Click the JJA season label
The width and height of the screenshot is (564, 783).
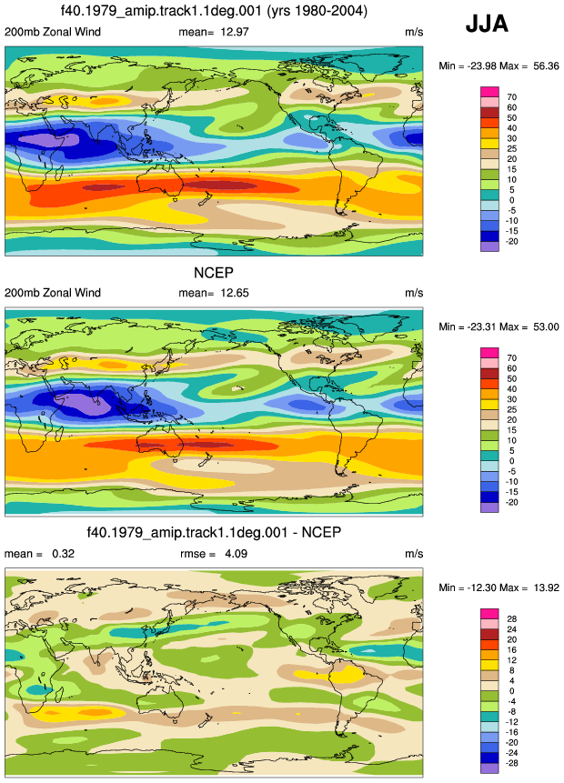(x=487, y=24)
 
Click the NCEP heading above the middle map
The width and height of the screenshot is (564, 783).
(x=213, y=273)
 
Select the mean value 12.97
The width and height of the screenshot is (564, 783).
(x=235, y=32)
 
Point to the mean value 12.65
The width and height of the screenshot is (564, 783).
(x=235, y=293)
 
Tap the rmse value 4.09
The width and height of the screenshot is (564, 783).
(x=236, y=554)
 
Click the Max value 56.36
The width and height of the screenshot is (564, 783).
(x=546, y=65)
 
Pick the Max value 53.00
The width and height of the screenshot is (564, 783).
(x=546, y=327)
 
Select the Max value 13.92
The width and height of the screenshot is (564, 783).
(x=546, y=587)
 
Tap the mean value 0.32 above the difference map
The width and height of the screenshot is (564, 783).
(x=63, y=554)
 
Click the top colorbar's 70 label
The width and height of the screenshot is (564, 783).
(x=511, y=97)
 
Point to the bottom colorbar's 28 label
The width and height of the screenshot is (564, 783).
(x=511, y=619)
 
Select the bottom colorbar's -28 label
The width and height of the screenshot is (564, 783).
(x=510, y=764)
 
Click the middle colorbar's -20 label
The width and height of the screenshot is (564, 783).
(x=510, y=502)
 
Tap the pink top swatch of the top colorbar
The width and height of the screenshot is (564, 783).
(x=489, y=92)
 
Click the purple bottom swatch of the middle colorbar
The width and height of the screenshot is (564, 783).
(x=489, y=507)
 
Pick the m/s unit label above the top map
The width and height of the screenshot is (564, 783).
(x=414, y=33)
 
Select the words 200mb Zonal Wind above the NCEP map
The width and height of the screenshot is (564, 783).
(x=53, y=293)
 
